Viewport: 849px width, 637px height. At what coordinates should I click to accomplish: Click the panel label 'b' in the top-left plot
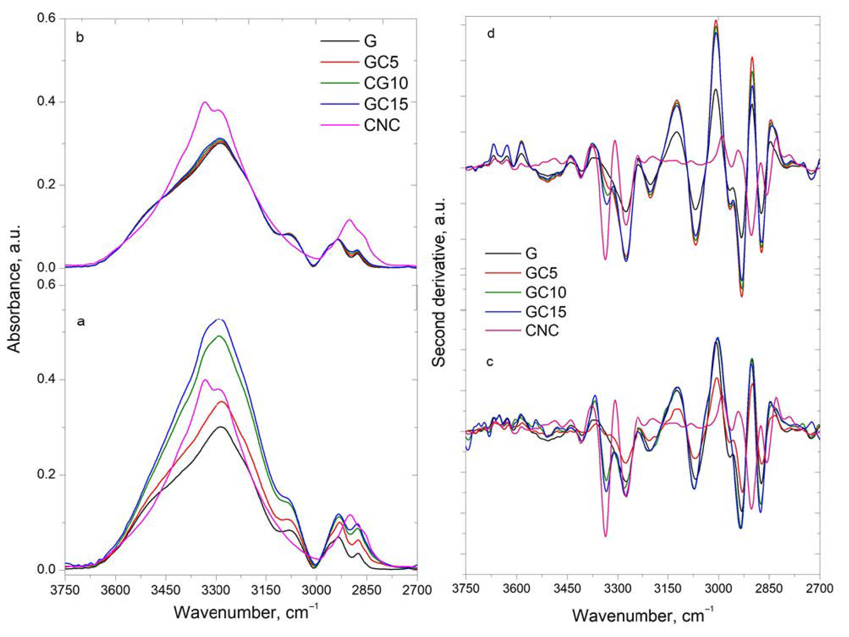click(80, 38)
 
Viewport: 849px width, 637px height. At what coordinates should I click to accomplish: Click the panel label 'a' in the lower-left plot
click(80, 321)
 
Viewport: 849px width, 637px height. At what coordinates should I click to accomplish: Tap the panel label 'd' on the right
click(491, 34)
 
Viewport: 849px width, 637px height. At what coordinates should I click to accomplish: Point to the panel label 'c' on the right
click(490, 362)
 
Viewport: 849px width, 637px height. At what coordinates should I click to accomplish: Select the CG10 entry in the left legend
click(385, 83)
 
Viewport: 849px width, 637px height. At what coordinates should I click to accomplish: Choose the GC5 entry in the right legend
click(541, 273)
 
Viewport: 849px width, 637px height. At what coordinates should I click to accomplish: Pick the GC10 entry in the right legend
click(546, 293)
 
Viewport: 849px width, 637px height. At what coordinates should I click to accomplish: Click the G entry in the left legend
click(370, 41)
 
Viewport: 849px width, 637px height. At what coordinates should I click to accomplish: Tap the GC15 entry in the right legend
click(546, 312)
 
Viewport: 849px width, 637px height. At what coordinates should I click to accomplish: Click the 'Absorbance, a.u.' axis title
click(14, 288)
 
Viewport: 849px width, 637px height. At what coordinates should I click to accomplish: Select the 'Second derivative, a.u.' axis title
click(439, 282)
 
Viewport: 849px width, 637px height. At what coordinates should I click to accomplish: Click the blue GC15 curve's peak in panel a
click(219, 319)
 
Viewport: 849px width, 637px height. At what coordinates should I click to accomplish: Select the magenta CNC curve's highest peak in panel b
click(205, 102)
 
